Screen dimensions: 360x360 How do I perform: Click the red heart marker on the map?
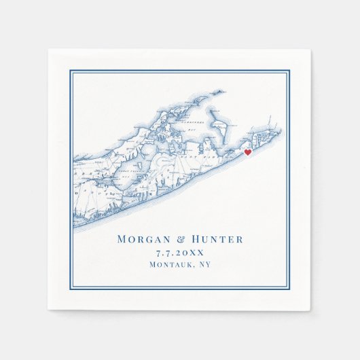coord(248,153)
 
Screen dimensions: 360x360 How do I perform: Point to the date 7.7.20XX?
coord(179,253)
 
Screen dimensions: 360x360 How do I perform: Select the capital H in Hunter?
coord(197,239)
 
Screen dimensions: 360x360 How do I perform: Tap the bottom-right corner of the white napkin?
coord(310,310)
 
